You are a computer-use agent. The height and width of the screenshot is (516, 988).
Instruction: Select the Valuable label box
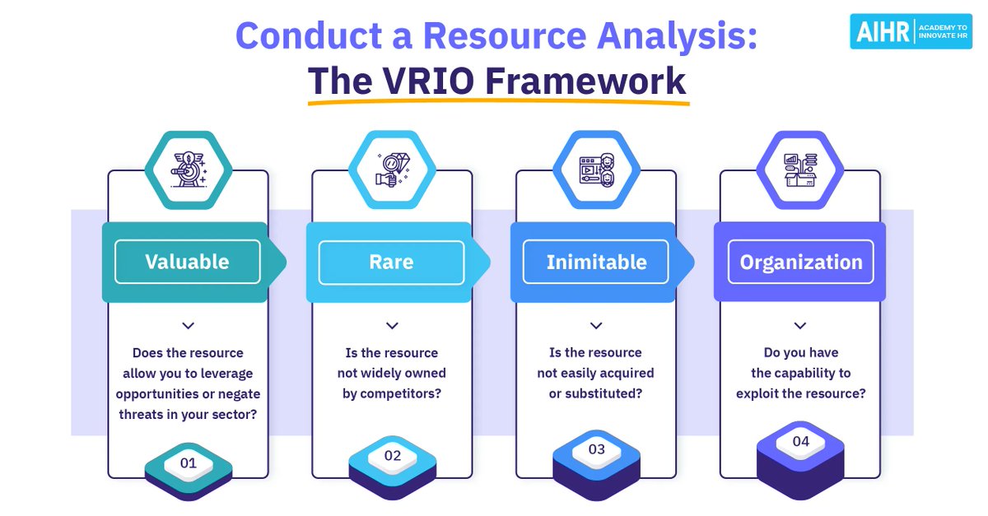pos(187,262)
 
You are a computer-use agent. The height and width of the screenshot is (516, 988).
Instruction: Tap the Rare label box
pos(391,262)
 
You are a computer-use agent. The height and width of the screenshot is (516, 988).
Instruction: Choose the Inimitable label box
pos(596,262)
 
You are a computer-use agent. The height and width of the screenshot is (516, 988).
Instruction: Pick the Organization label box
pos(800,262)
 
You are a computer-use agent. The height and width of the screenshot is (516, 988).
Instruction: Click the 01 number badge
pos(188,463)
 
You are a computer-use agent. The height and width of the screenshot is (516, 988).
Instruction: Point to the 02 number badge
pos(392,455)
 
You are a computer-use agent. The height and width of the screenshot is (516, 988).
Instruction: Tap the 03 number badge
pos(596,449)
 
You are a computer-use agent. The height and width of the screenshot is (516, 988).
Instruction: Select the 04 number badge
pos(800,442)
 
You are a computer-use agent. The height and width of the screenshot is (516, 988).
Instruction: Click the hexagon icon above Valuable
pos(188,169)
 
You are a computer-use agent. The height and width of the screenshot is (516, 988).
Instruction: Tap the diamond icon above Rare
pos(392,169)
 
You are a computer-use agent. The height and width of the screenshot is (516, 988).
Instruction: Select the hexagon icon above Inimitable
pos(596,169)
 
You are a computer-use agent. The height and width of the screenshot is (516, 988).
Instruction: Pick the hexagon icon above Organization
pos(800,169)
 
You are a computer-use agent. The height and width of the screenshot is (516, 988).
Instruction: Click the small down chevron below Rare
pos(392,325)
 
